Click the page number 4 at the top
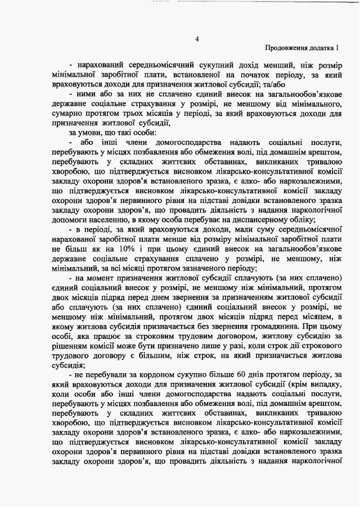pos(197,39)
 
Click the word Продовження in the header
pos(287,49)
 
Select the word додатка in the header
pos(325,49)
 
